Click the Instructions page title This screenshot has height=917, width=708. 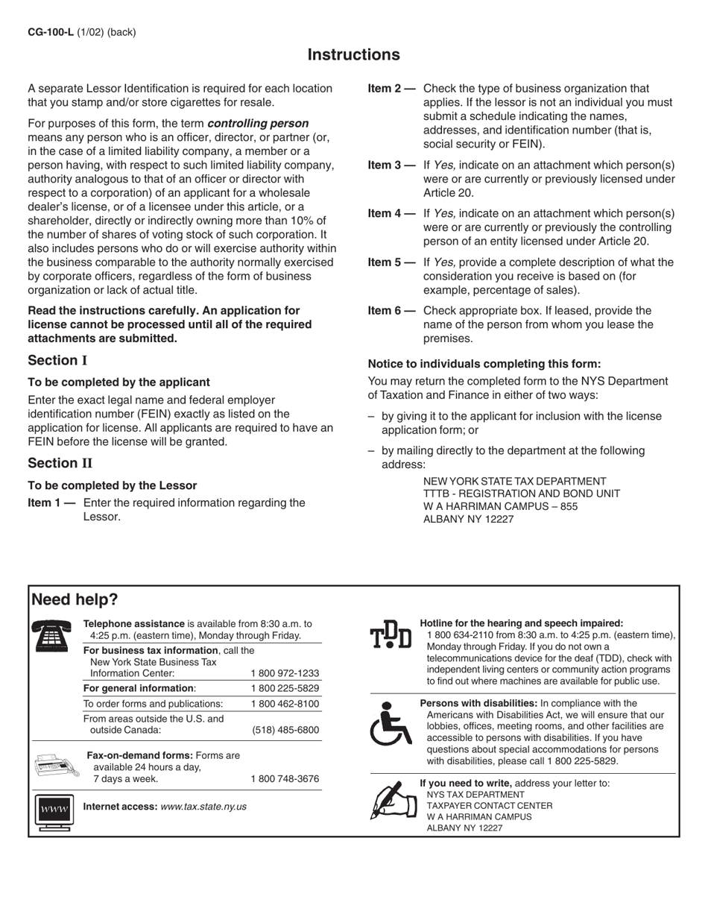(353, 55)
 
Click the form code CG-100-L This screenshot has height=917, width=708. (50, 32)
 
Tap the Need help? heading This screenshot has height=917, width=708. (75, 599)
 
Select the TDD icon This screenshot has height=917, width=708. (391, 635)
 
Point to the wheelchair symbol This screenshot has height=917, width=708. (391, 723)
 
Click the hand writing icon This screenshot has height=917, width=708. (391, 800)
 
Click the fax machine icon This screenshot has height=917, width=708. (54, 766)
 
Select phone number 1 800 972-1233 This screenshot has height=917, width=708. (285, 672)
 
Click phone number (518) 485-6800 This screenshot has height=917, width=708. (285, 730)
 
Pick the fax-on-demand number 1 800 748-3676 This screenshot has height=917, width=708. (285, 779)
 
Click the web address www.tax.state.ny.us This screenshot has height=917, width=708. (203, 807)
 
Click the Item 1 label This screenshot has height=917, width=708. (51, 503)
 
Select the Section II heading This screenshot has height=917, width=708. (60, 463)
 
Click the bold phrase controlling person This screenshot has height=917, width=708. (258, 123)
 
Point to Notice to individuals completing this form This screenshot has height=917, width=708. (484, 364)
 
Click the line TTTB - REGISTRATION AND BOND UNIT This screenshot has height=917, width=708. (521, 494)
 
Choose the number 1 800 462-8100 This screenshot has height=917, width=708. (285, 704)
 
